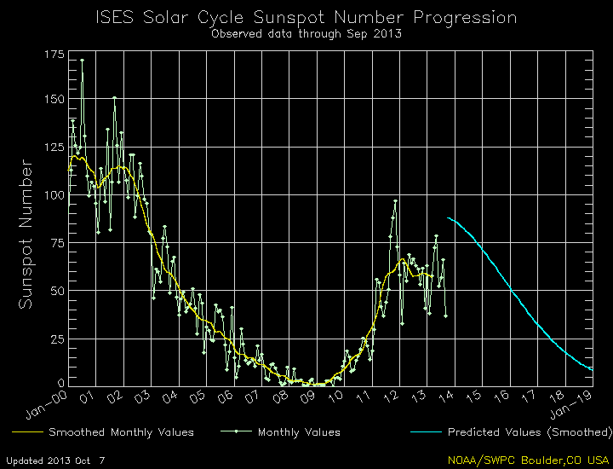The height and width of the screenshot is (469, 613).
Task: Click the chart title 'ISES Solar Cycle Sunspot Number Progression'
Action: (306, 17)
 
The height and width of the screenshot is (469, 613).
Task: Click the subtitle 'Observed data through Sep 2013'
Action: (306, 34)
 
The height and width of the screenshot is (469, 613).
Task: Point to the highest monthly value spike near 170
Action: (82, 60)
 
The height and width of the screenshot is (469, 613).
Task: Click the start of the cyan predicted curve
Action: (448, 218)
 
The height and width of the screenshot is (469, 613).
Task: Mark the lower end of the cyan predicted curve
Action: (591, 369)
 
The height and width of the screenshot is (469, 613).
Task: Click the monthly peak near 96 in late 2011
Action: (395, 201)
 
